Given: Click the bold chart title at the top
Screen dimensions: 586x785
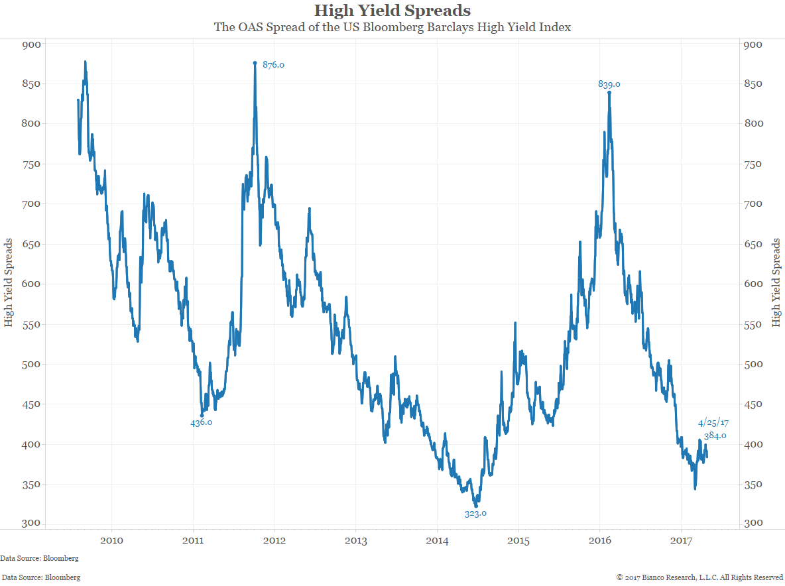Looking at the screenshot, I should (392, 11).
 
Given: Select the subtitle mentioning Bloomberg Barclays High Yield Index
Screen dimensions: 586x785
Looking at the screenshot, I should (392, 28).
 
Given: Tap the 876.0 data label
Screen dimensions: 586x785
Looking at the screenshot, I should (273, 65).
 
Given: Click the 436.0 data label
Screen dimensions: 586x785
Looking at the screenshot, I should (201, 422).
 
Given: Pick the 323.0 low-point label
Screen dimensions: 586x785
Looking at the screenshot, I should (475, 513).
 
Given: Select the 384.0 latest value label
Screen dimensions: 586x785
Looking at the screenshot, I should (715, 436).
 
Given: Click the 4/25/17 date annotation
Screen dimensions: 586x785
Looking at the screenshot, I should (713, 422).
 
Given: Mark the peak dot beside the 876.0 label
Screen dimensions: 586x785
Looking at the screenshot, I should (255, 63).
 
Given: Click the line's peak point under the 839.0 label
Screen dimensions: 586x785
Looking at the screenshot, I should (609, 92).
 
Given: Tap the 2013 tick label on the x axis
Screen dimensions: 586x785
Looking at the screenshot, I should (356, 541).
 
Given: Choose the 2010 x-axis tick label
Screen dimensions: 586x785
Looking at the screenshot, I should (111, 541).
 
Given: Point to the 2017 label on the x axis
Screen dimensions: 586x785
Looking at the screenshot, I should (682, 541).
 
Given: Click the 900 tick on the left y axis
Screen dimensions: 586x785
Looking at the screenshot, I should (32, 44).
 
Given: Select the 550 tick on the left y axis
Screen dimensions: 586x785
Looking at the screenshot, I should (32, 324).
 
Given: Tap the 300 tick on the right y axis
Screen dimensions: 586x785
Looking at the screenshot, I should (753, 524).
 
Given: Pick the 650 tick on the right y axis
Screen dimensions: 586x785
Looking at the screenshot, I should (753, 244).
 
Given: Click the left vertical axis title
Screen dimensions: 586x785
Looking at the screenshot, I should (9, 284).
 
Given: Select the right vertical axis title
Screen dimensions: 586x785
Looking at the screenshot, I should (776, 284).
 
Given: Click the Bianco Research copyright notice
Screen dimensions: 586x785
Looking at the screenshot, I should (699, 577).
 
